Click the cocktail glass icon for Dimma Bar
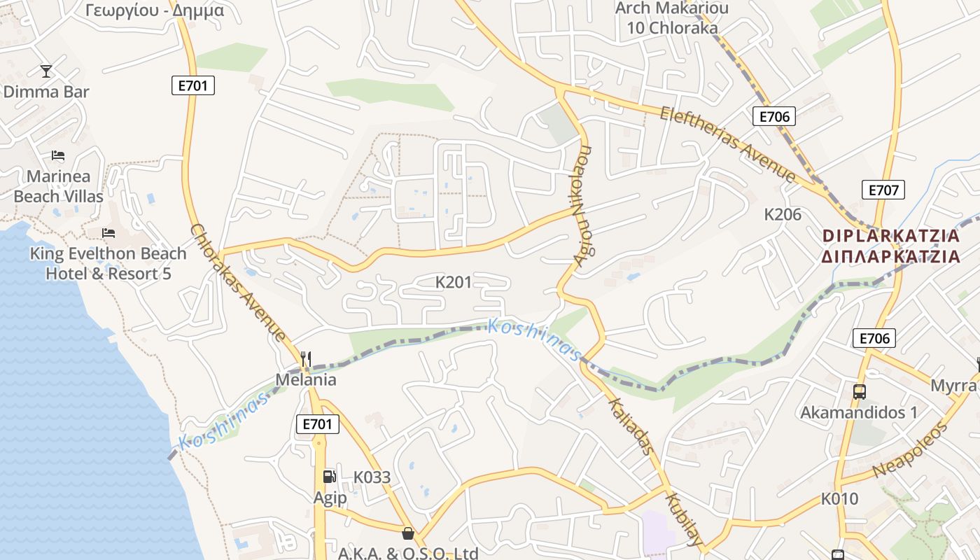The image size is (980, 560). click(x=46, y=71)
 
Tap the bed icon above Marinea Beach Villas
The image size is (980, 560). click(x=58, y=155)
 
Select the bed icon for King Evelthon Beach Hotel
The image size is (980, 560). click(x=108, y=232)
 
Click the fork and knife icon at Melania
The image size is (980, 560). click(x=305, y=359)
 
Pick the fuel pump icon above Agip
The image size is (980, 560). click(x=329, y=477)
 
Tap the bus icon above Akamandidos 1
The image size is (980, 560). click(x=859, y=392)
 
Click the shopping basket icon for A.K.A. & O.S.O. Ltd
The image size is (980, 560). click(x=408, y=533)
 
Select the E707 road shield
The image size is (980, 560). click(x=883, y=190)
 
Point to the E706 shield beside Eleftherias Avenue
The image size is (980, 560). click(x=774, y=116)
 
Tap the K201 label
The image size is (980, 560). click(x=454, y=282)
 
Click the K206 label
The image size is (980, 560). click(x=783, y=214)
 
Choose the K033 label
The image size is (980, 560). click(x=372, y=477)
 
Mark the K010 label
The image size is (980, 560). click(x=839, y=499)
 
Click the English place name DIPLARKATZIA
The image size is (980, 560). click(x=891, y=235)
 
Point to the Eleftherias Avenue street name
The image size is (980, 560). click(x=728, y=144)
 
